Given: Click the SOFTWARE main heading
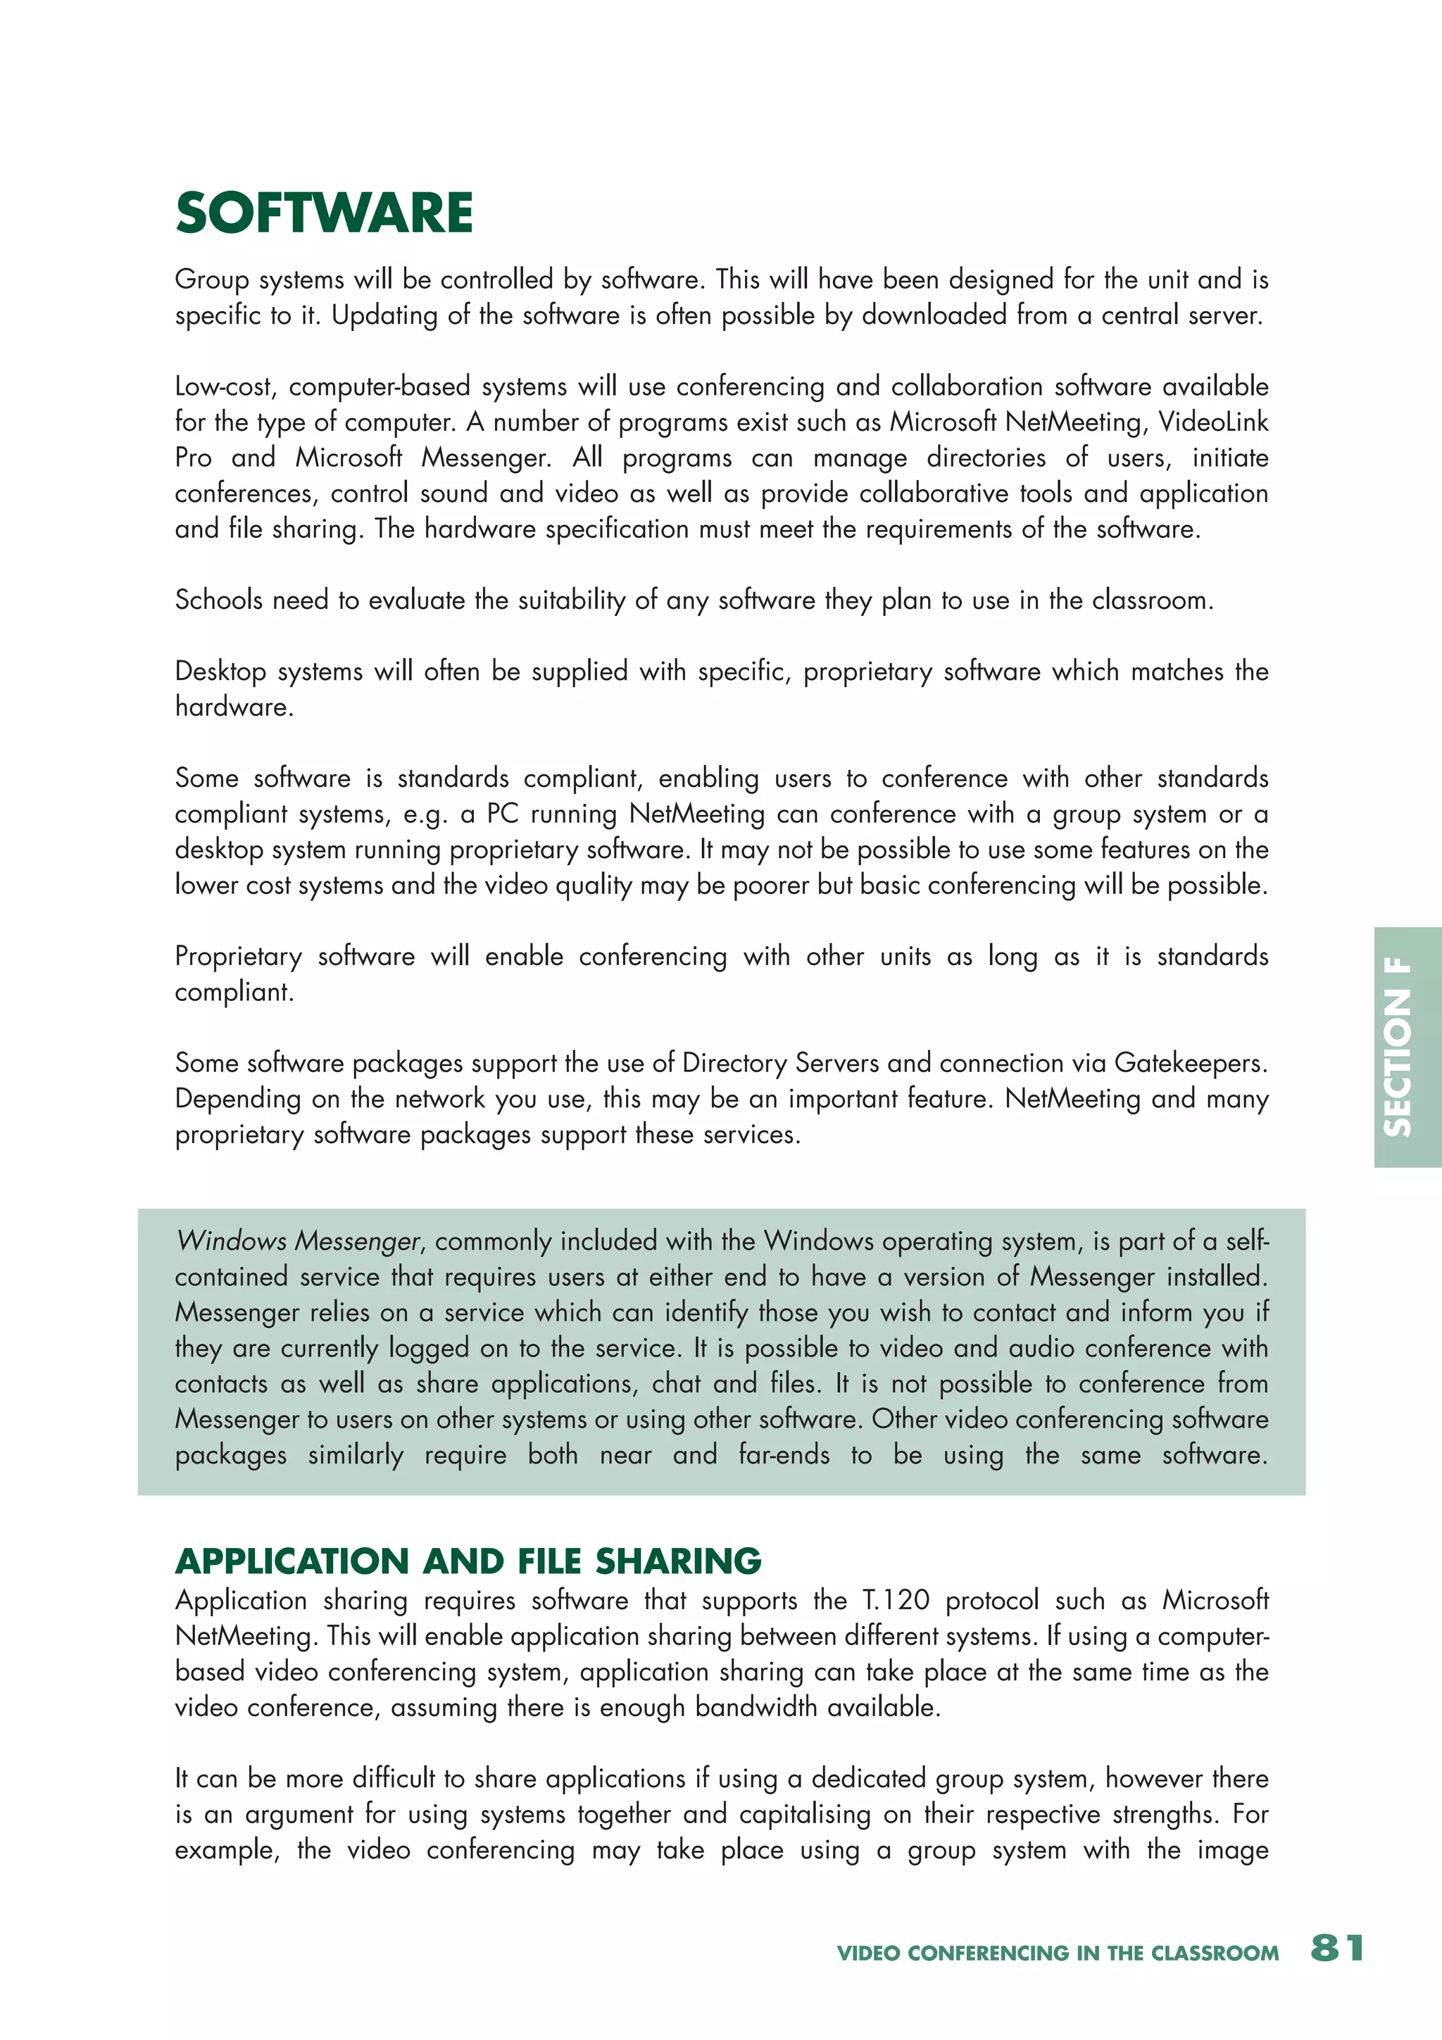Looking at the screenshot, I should tap(325, 213).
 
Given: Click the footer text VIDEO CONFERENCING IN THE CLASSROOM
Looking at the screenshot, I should tap(1058, 1953).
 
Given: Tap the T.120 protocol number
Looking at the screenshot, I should tap(896, 1600).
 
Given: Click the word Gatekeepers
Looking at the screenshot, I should tap(1190, 1063).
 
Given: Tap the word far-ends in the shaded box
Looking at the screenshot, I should tap(784, 1454).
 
